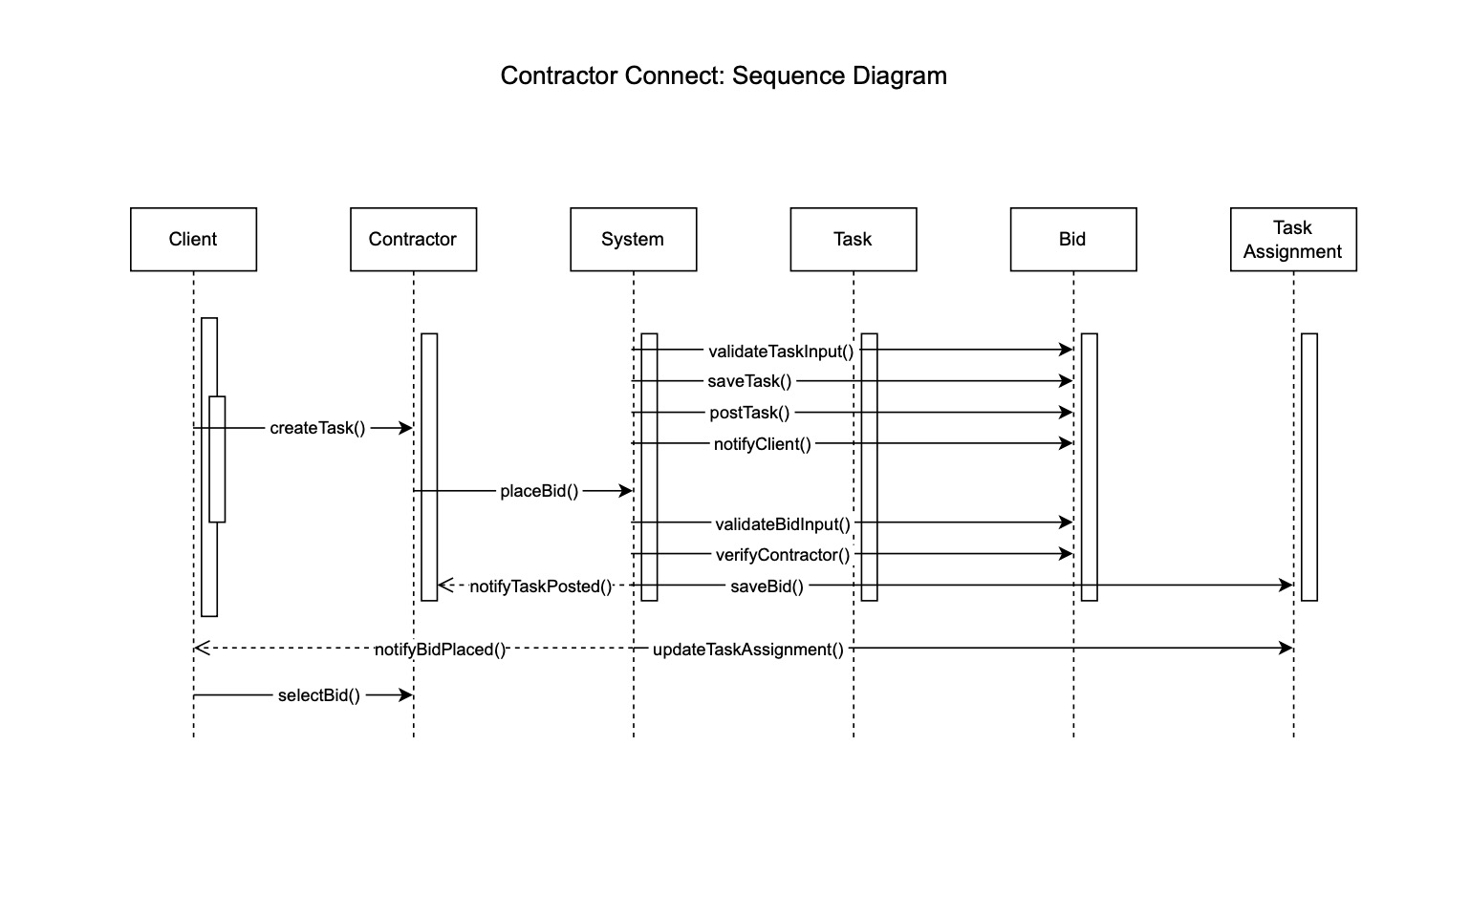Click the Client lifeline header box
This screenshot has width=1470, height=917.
pyautogui.click(x=193, y=240)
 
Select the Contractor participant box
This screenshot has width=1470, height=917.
pyautogui.click(x=413, y=240)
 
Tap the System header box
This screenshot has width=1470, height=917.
pyautogui.click(x=633, y=240)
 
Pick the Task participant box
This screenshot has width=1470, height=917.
pyautogui.click(x=853, y=240)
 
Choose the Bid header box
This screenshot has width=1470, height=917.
pyautogui.click(x=1072, y=240)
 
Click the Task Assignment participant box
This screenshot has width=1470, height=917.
pyautogui.click(x=1292, y=240)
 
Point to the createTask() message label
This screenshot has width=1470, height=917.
pyautogui.click(x=317, y=428)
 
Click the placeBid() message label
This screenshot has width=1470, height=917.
pyautogui.click(x=539, y=491)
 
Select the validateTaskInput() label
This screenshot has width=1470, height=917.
pyautogui.click(x=781, y=352)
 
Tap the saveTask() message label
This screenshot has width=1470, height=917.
pyautogui.click(x=749, y=381)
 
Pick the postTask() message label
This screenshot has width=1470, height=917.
pyautogui.click(x=749, y=413)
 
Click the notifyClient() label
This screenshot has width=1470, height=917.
pyautogui.click(x=762, y=444)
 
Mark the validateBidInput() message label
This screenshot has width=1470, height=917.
pyautogui.click(x=782, y=523)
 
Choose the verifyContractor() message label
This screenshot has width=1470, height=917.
pyautogui.click(x=782, y=555)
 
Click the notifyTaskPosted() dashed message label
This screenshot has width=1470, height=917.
pyautogui.click(x=540, y=586)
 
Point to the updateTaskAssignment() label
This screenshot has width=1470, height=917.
pyautogui.click(x=747, y=650)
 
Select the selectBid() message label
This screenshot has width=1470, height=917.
pyautogui.click(x=319, y=695)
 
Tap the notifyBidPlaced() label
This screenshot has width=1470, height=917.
pyautogui.click(x=440, y=650)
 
